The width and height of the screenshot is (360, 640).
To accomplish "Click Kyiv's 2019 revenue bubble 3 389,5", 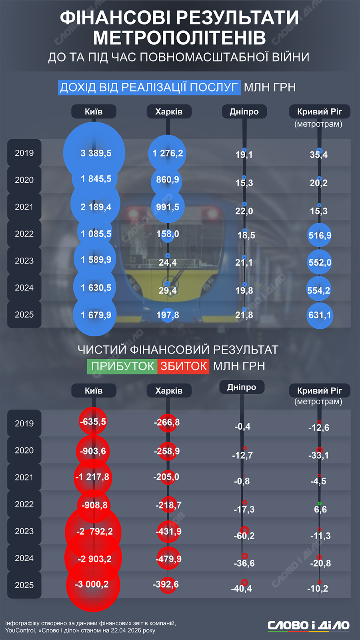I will click(x=94, y=153).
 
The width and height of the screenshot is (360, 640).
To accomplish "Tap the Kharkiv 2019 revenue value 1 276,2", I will click(x=168, y=153).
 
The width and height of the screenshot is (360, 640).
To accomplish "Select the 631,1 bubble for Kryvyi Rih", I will click(x=320, y=315).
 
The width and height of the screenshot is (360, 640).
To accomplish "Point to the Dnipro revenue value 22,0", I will click(x=244, y=211).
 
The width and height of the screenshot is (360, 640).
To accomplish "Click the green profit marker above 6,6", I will click(x=320, y=503).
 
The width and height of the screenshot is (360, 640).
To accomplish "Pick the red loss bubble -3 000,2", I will click(x=93, y=584).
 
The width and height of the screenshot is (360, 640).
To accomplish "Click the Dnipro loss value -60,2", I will click(x=244, y=536).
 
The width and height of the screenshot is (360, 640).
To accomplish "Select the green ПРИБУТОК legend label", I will click(x=122, y=366).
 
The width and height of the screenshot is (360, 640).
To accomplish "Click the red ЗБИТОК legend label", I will click(x=183, y=366).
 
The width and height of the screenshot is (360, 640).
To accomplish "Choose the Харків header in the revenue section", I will click(x=169, y=112).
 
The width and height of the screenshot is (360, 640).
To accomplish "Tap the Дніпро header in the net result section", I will click(x=242, y=387).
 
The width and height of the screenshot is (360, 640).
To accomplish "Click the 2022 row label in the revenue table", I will click(x=24, y=234).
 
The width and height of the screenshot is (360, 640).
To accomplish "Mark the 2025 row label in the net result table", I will click(x=24, y=585).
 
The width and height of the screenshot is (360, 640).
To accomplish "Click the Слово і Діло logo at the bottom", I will click(x=308, y=625).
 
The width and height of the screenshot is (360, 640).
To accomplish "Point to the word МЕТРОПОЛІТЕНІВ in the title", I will click(x=180, y=38).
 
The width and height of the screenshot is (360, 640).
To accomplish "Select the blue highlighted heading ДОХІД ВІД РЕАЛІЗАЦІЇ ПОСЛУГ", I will click(x=149, y=87).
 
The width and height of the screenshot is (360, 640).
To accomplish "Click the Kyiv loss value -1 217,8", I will click(x=92, y=477).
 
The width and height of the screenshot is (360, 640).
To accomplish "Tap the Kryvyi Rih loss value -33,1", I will click(x=318, y=455).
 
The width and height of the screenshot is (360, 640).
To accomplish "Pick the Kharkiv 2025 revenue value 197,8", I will click(x=168, y=315).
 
